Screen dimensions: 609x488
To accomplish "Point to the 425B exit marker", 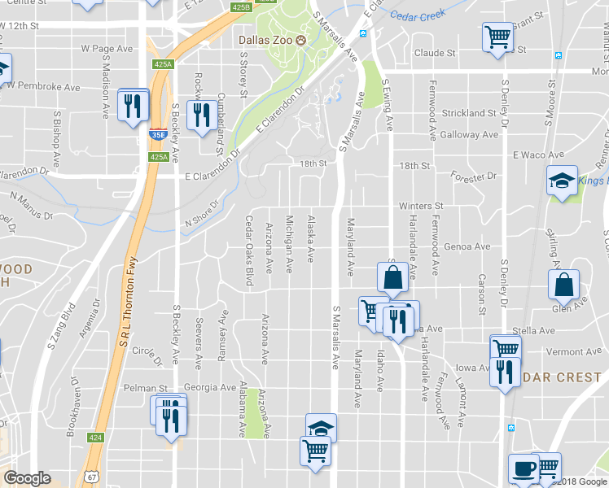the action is [240, 7].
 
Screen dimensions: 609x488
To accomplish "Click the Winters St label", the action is [420, 207].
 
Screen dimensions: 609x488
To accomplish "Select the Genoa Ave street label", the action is [467, 246].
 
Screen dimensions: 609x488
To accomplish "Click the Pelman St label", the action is [146, 388].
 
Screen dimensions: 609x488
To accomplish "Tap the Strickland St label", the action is [468, 113].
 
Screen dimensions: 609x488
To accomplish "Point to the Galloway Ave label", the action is [471, 134].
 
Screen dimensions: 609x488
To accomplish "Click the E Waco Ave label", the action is [538, 155].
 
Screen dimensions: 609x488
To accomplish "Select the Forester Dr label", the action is [474, 176].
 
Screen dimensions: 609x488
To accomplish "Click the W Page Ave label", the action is [107, 49].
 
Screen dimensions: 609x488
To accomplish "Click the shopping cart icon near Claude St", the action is [497, 37].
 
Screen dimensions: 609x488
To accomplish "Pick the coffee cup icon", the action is [523, 468].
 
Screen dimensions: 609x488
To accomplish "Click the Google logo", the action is [28, 478].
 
